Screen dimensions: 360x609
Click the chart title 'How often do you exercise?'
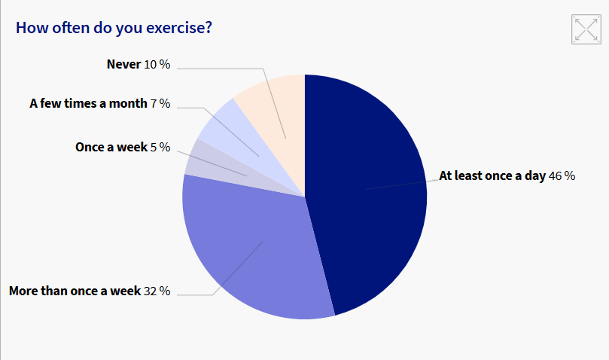point(114,28)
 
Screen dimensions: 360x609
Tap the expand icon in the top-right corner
point(586,29)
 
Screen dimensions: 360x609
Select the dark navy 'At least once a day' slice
point(369,188)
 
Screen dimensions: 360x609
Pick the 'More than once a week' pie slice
point(248,249)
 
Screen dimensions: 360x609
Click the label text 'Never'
point(123,65)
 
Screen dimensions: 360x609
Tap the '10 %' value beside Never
point(157,65)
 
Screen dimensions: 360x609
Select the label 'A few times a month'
point(88,104)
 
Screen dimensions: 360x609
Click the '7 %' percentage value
point(160,104)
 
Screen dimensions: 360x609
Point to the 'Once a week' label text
point(111,148)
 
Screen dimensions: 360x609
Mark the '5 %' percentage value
point(160,148)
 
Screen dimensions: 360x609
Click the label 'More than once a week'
point(75,291)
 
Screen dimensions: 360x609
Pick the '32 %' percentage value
point(157,291)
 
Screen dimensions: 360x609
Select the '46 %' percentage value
point(562,176)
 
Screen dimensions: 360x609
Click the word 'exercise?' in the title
point(178,28)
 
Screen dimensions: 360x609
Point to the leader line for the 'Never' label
point(226,69)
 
